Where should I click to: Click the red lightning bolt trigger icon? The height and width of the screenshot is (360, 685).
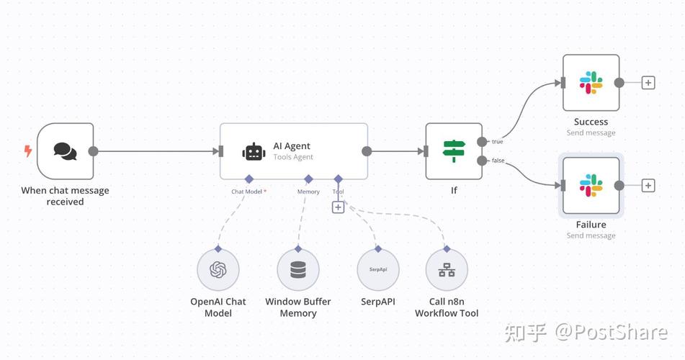coord(28,151)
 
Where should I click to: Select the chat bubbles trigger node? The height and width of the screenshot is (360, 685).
coord(65,151)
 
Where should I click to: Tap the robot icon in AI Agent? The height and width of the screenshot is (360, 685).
coord(254,151)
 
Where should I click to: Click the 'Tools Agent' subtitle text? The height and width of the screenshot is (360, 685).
coord(293,157)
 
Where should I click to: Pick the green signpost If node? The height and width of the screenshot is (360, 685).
coord(453,151)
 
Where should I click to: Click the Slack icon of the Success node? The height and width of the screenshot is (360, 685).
coord(591,83)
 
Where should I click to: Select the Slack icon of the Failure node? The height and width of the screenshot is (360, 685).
coord(591,185)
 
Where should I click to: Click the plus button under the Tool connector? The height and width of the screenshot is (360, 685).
coord(338,207)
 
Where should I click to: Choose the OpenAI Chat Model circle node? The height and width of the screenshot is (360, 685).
coord(218,270)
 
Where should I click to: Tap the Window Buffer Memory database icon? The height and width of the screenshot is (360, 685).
coord(297,270)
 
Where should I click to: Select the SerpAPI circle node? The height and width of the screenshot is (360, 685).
coord(378,270)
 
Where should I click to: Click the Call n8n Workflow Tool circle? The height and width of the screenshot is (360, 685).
coord(447,270)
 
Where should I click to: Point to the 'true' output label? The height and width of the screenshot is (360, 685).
coord(497,142)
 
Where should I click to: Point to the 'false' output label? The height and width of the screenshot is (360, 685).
coord(498,161)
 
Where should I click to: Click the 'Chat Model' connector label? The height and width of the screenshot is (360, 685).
coord(247,192)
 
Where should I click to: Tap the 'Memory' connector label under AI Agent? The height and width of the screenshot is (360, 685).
coord(308,192)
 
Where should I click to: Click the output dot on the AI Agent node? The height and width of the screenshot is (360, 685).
coord(367,151)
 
